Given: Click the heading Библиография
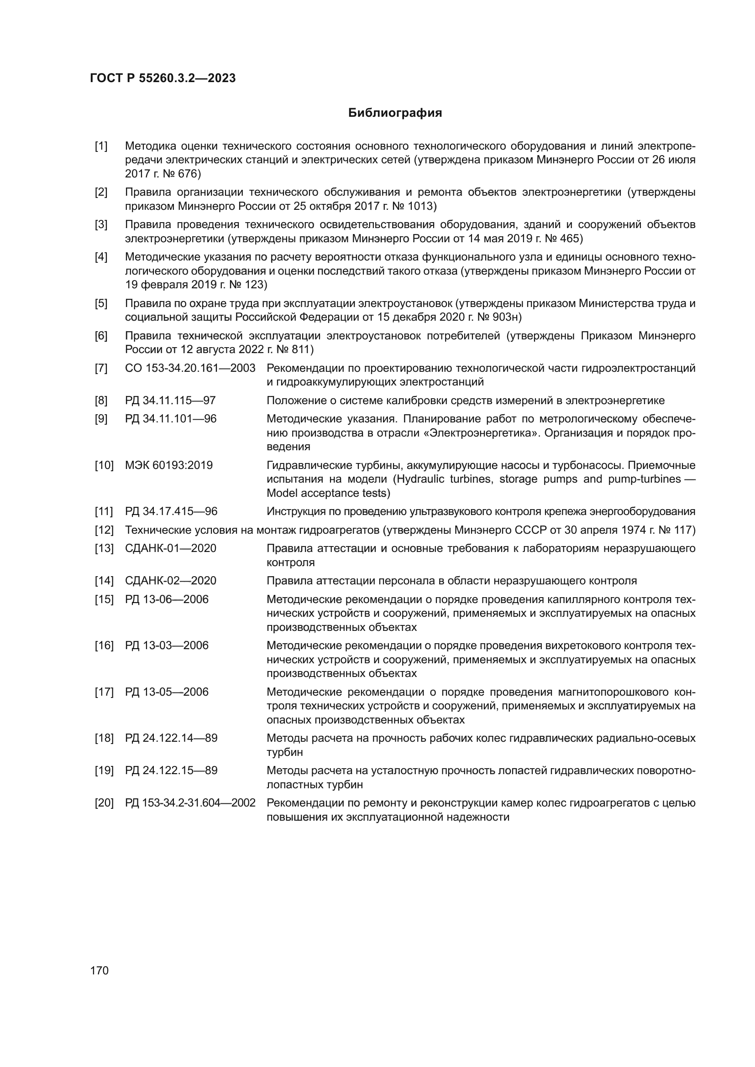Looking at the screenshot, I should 395,113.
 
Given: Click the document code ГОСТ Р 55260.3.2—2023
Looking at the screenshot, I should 163,78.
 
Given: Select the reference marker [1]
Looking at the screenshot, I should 101,146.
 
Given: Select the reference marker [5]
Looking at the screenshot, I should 101,303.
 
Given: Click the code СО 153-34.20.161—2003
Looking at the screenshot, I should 190,368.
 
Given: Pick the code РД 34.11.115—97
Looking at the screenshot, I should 170,401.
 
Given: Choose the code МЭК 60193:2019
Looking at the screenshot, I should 169,465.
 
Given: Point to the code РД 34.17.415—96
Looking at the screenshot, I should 171,512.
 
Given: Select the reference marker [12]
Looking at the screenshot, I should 104,530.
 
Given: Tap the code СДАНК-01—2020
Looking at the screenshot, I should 171,548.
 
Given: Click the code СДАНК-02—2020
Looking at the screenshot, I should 171,581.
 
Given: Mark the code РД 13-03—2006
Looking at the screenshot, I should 167,645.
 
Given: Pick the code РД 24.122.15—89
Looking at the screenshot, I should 171,770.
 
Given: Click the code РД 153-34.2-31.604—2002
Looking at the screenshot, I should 190,803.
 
